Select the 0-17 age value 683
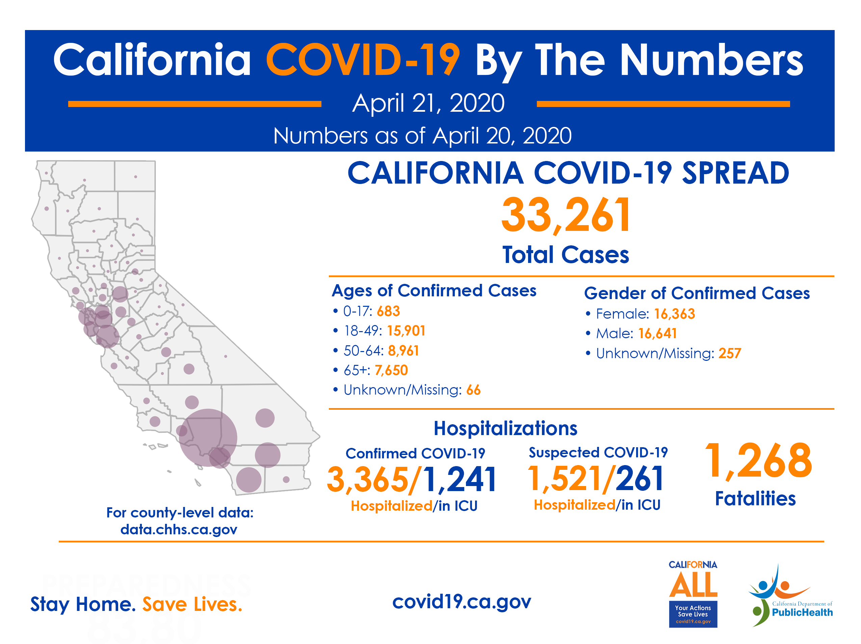coord(388,311)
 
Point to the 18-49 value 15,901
coord(406,331)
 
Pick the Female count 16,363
coord(674,314)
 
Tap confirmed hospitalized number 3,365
coord(367,479)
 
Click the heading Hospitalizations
coord(505,428)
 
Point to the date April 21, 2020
coord(428,104)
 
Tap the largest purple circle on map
coord(208,438)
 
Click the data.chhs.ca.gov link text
coord(179,530)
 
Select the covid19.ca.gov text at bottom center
coord(462,601)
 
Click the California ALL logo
coord(693,593)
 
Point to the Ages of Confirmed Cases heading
coord(434,291)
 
